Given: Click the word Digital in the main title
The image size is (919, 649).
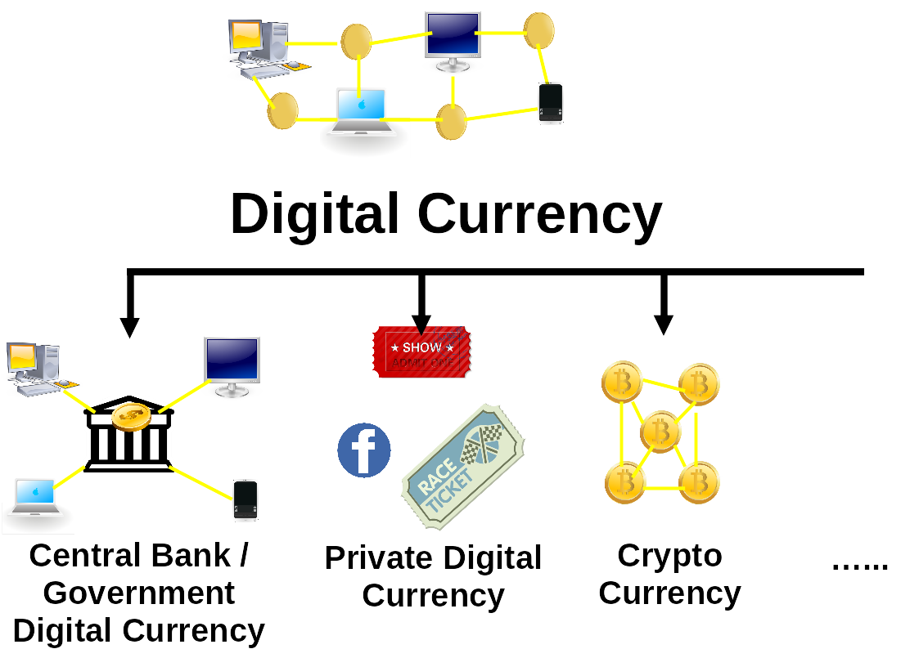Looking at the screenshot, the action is click(314, 214).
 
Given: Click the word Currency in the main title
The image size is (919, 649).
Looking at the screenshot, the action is click(539, 214).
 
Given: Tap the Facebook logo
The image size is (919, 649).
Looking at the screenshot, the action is click(364, 450).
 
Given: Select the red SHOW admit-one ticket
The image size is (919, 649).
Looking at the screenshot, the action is click(421, 352).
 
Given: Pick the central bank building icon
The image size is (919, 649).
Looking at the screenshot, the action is click(129, 441).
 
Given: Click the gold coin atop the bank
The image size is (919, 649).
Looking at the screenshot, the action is click(131, 416).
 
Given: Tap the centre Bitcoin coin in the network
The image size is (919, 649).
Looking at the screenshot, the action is click(660, 432).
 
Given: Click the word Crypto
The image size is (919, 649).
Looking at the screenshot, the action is click(669, 555).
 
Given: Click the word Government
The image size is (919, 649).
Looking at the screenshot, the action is click(139, 593).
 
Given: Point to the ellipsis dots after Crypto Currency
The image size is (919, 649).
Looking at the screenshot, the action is click(859, 564).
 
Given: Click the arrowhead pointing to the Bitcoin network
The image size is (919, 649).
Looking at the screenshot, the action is click(664, 324).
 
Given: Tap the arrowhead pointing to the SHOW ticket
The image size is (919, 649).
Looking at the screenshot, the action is click(421, 324).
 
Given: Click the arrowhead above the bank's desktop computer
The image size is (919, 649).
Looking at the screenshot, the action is click(129, 327).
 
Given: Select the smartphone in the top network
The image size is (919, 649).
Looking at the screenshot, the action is click(551, 103).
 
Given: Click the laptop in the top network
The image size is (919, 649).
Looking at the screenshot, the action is click(361, 111).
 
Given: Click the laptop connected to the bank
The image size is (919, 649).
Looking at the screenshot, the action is click(37, 498).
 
